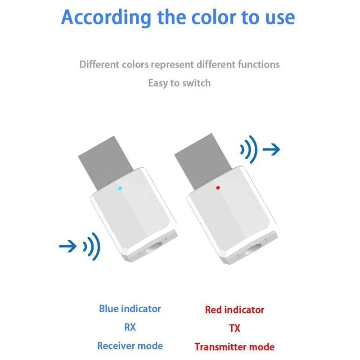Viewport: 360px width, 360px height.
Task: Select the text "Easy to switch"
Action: (x=179, y=83)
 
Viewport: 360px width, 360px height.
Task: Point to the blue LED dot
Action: (x=120, y=188)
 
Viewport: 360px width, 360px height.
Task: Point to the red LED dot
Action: (x=218, y=188)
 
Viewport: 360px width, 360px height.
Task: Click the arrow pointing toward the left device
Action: (x=69, y=246)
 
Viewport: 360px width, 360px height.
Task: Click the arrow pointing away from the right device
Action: (x=271, y=148)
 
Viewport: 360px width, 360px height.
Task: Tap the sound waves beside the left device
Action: (x=92, y=246)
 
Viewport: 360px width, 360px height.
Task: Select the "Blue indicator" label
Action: (x=130, y=309)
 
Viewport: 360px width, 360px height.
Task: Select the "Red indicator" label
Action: (x=234, y=310)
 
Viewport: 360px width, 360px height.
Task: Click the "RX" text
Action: (x=130, y=327)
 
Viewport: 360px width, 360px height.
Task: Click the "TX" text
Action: (x=234, y=328)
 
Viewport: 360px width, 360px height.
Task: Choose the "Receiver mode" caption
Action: (x=130, y=346)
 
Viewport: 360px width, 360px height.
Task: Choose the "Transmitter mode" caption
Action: (x=234, y=347)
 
